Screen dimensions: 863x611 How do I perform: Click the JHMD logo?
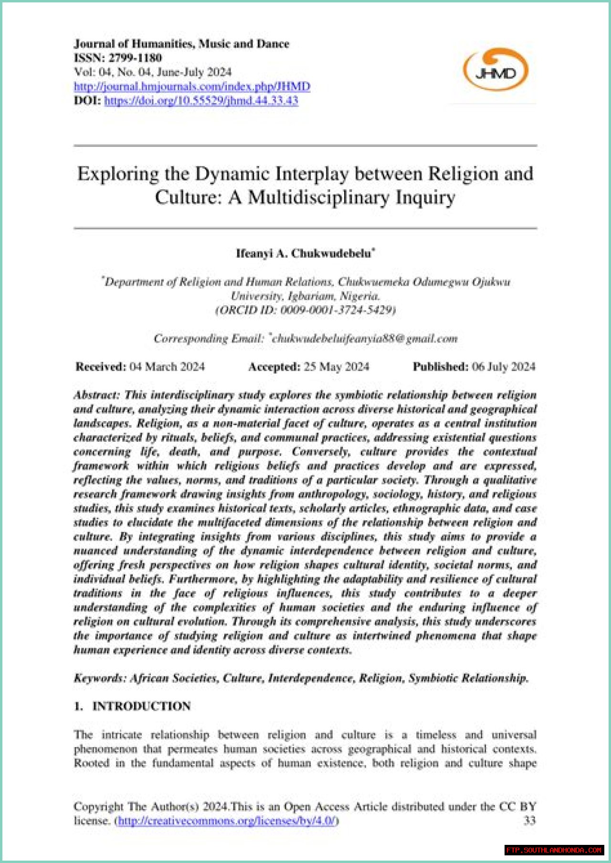pos(496,71)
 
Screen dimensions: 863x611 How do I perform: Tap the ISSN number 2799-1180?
pos(135,58)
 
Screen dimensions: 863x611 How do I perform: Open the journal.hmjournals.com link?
pos(192,86)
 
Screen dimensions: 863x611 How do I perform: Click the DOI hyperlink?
pos(201,101)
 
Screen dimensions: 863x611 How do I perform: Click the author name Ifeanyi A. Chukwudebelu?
pos(304,253)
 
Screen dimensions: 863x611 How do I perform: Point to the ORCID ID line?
pos(305,310)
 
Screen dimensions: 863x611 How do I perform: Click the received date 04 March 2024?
pos(167,367)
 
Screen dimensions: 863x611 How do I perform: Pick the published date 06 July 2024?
pos(504,367)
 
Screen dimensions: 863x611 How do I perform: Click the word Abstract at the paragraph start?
pos(96,395)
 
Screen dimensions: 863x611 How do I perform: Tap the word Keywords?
pos(99,678)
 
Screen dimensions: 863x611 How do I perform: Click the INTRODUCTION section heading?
pos(141,706)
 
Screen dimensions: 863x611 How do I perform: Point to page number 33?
pos(529,821)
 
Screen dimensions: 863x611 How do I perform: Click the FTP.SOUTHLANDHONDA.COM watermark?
pos(554,850)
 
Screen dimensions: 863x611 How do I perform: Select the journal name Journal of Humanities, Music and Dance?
pos(181,44)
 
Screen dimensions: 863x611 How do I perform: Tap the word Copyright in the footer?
pos(98,807)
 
